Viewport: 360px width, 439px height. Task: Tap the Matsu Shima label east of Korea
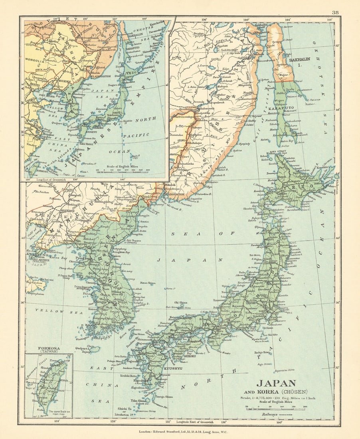(x=148, y=283)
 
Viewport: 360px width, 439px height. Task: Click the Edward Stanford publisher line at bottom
(x=179, y=431)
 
